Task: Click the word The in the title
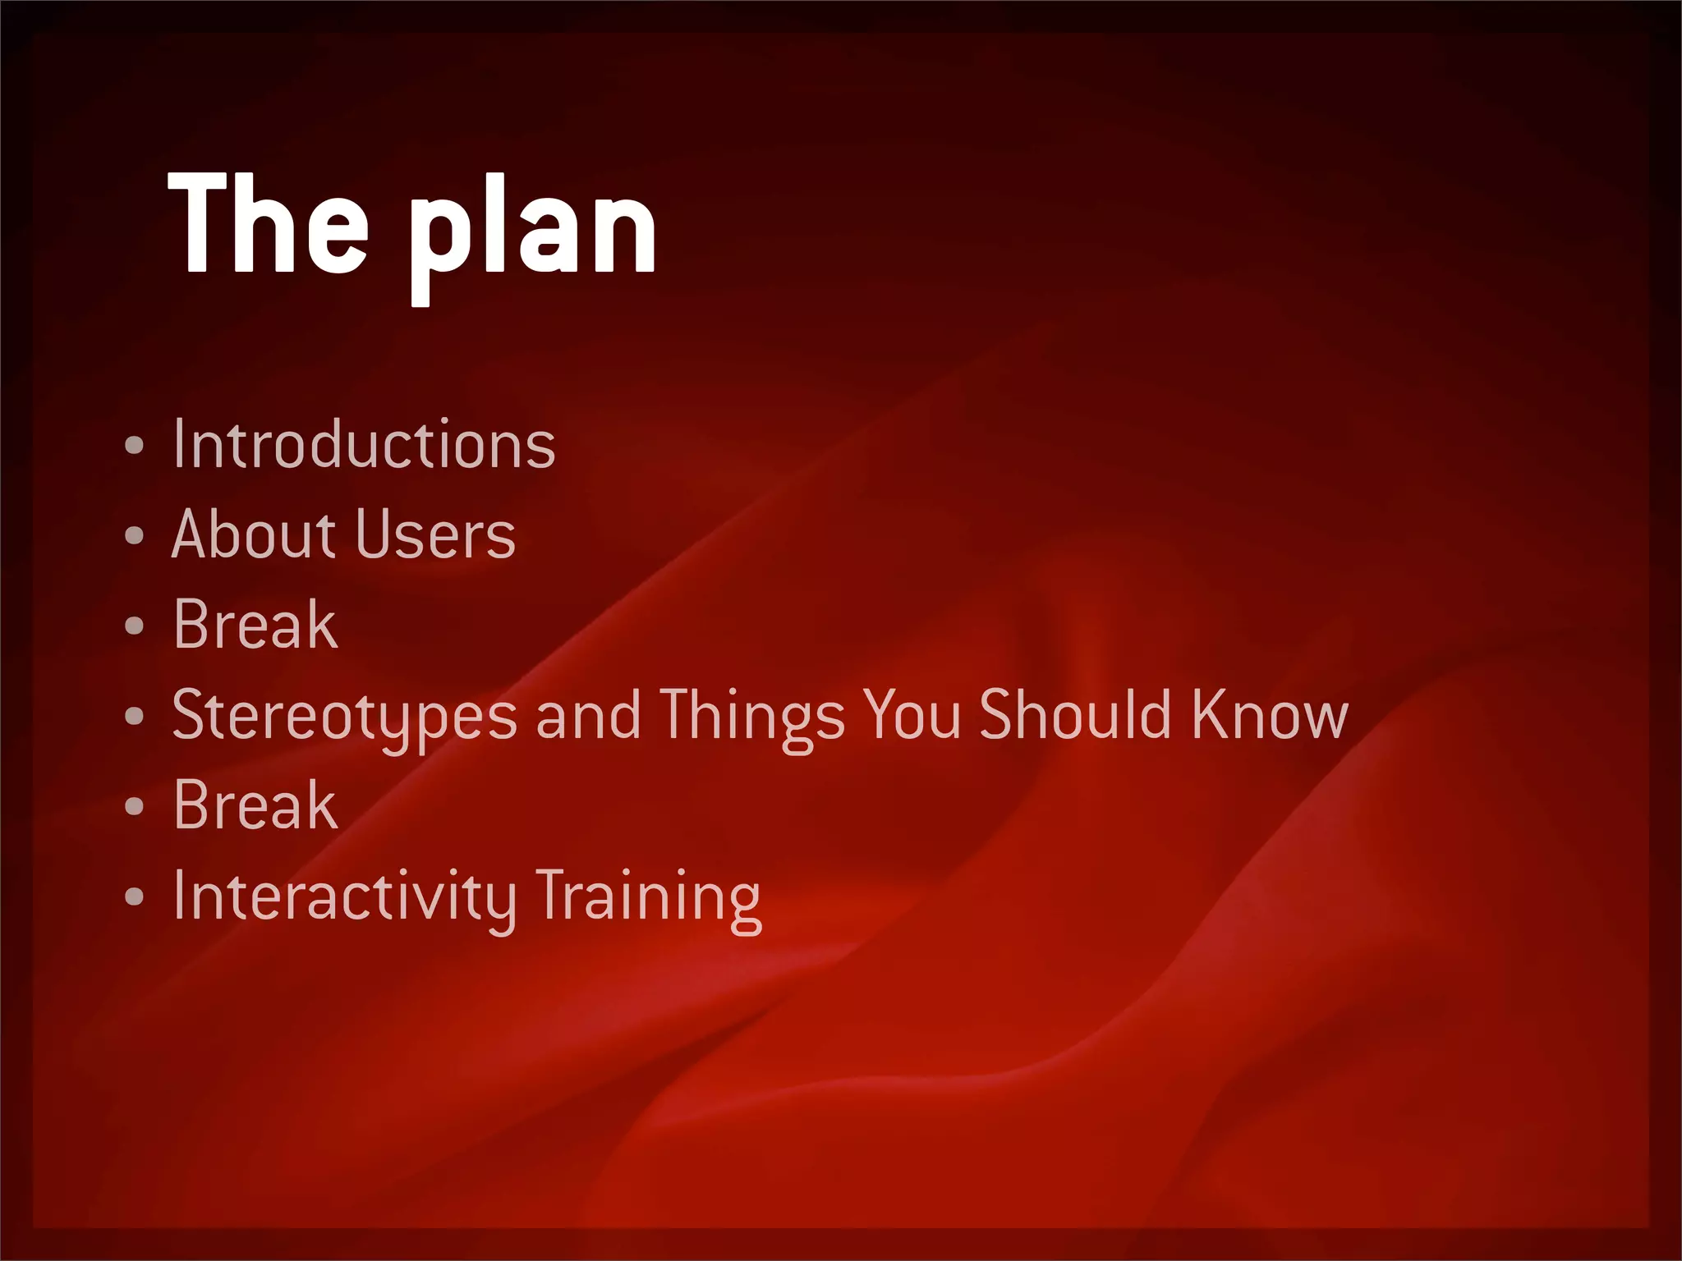[x=268, y=223]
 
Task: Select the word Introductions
[x=364, y=444]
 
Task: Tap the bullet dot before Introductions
[x=135, y=446]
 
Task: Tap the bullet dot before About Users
[x=135, y=536]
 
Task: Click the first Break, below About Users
[x=255, y=625]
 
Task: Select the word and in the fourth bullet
[x=588, y=715]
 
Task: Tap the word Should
[x=1074, y=714]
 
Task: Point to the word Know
[x=1269, y=714]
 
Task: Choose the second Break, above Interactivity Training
[x=255, y=805]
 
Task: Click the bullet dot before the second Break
[x=135, y=807]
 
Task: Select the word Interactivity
[x=345, y=896]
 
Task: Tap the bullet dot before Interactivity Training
[x=135, y=897]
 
